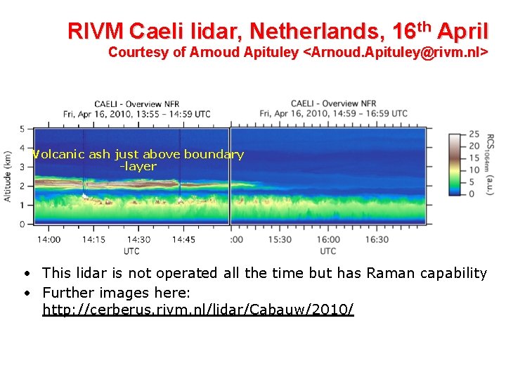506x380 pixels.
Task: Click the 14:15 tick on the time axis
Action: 93,239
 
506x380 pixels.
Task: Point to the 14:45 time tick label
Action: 183,239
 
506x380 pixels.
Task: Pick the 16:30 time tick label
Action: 377,239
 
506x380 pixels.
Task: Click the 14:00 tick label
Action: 48,239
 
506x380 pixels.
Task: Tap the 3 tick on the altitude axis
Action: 22,167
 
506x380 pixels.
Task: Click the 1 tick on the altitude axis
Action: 22,205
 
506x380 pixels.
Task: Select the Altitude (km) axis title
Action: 8,176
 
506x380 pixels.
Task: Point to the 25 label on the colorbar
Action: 474,134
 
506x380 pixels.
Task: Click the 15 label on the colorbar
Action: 474,158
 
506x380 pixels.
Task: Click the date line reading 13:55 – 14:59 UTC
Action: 136,113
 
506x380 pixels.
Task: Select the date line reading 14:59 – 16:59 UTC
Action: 333,113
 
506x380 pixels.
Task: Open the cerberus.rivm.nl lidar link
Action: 198,310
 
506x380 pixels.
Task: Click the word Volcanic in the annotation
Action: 58,154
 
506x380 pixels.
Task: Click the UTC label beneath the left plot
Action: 131,251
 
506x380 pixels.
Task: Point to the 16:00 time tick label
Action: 329,239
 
